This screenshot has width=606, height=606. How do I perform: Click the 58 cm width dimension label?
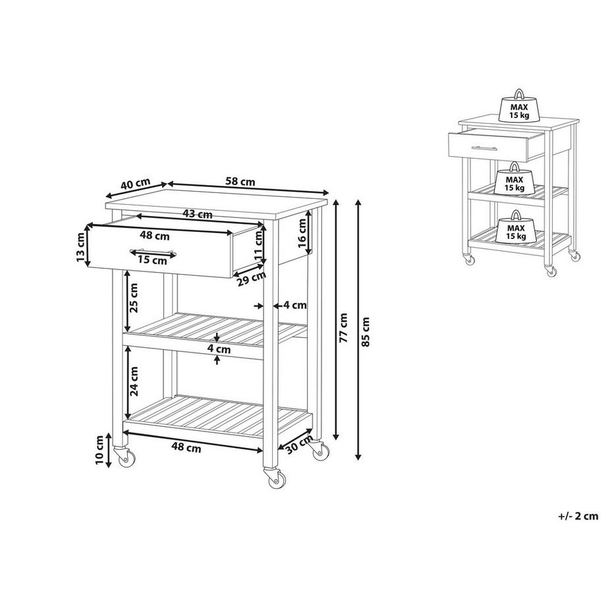click(x=241, y=181)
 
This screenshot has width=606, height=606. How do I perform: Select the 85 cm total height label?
click(x=367, y=331)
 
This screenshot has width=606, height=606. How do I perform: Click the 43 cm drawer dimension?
click(x=197, y=214)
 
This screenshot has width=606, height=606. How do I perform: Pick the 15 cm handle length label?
click(x=153, y=260)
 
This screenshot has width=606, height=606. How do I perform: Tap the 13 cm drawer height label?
click(x=80, y=247)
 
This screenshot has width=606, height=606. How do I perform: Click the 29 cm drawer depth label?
click(x=252, y=279)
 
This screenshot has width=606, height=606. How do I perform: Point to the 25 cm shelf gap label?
click(x=134, y=298)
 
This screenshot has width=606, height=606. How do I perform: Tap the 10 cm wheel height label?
click(x=99, y=450)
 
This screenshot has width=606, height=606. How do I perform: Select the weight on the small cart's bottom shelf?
click(x=516, y=227)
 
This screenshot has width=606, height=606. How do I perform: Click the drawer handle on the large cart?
click(x=153, y=251)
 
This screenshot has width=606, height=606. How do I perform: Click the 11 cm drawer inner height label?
click(x=259, y=245)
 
